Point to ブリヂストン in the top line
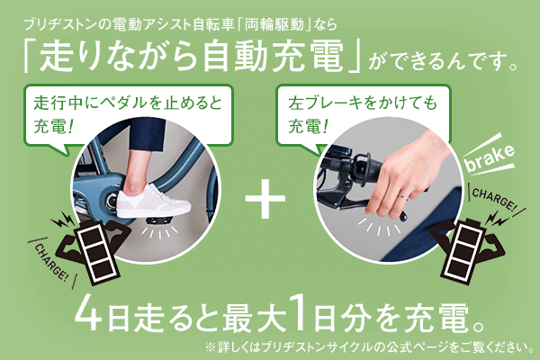coord(54,19)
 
